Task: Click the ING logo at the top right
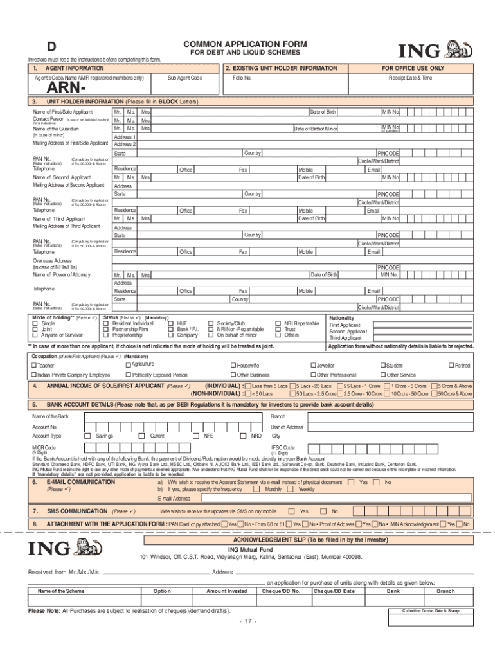(x=437, y=51)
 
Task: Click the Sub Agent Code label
(x=184, y=77)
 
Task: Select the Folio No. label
(x=242, y=77)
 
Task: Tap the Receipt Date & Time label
(x=410, y=77)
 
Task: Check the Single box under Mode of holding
(x=36, y=323)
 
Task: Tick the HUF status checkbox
(x=171, y=323)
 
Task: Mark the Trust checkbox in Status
(x=278, y=329)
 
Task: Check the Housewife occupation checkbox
(x=233, y=365)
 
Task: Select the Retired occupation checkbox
(x=451, y=365)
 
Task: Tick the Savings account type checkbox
(x=87, y=436)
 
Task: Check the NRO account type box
(x=243, y=436)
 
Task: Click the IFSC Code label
(x=282, y=447)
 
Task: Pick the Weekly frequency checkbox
(x=294, y=489)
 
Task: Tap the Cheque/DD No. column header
(x=281, y=591)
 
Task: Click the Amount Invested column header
(x=226, y=591)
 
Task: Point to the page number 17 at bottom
(x=248, y=621)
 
